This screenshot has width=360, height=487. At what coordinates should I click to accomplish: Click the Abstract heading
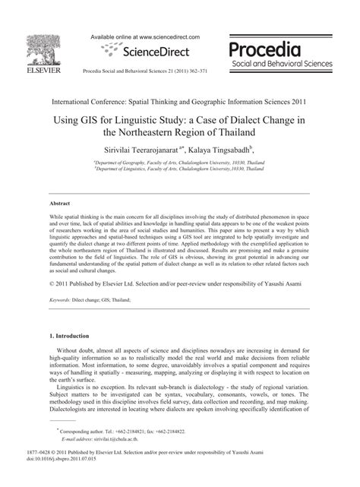60,204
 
